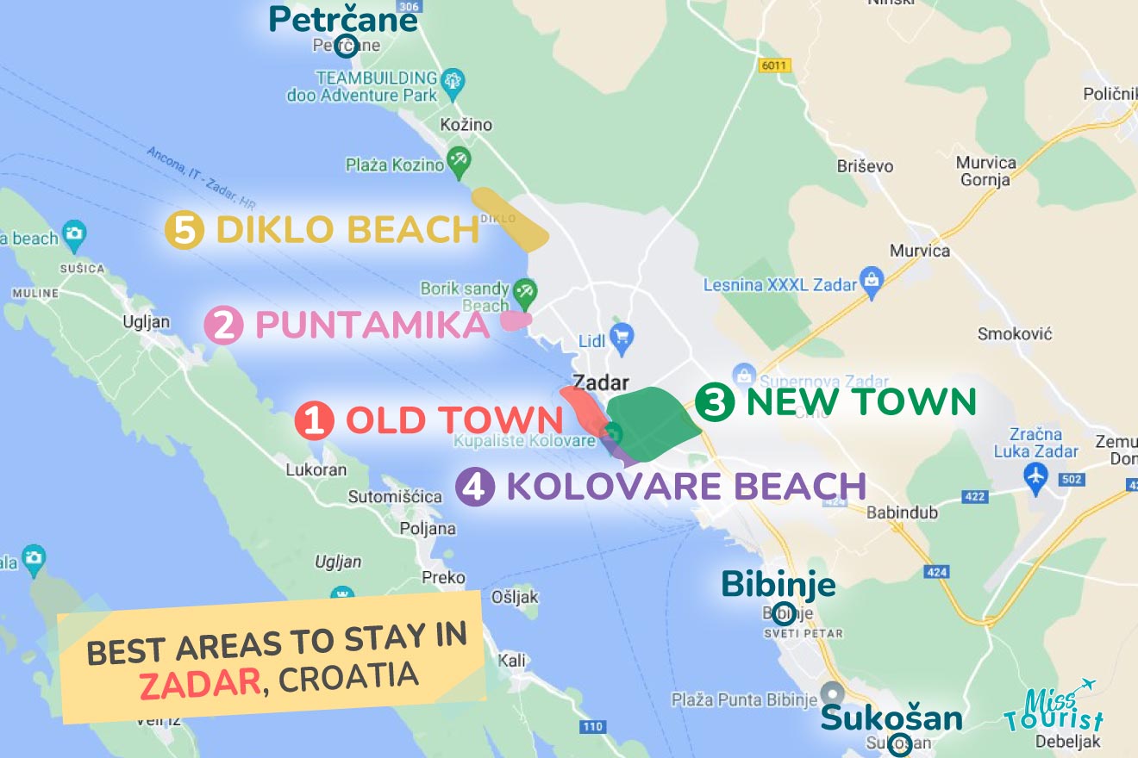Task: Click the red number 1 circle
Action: click(314, 421)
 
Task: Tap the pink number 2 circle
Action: click(223, 326)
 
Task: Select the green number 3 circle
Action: click(714, 402)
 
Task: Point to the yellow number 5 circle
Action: click(184, 230)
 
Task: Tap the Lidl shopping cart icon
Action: click(621, 335)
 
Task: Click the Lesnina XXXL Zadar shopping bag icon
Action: click(872, 282)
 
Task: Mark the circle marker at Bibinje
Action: click(785, 614)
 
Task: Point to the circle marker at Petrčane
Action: click(347, 45)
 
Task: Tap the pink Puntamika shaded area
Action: click(515, 320)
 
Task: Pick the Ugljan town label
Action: click(146, 322)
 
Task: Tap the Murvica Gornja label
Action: click(986, 171)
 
